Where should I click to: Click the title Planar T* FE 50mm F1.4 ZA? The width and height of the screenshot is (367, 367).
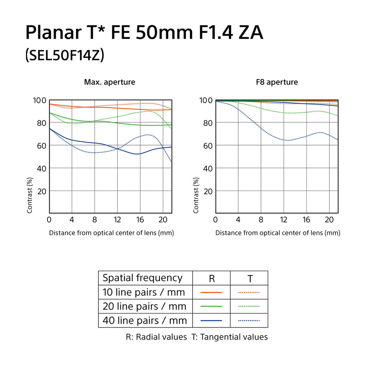[x=144, y=33]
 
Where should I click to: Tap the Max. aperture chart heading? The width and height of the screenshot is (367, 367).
[x=110, y=82]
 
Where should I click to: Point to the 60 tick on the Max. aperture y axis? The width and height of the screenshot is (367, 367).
[x=41, y=145]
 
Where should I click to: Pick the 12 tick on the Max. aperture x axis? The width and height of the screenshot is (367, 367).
[x=117, y=220]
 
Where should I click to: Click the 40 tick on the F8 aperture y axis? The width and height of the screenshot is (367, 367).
[x=208, y=168]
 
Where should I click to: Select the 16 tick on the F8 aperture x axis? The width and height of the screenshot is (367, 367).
[x=306, y=220]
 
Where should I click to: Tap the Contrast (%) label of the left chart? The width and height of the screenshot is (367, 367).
[x=29, y=195]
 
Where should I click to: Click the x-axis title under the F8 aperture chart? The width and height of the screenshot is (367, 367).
[x=277, y=233]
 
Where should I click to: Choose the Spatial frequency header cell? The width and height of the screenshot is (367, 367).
[x=142, y=278]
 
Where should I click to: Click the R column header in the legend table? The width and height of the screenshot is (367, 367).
[x=212, y=279]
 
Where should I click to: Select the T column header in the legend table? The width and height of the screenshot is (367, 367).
[x=250, y=279]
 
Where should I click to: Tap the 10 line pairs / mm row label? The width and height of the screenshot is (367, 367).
[x=144, y=292]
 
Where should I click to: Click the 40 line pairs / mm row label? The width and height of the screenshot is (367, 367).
[x=145, y=320]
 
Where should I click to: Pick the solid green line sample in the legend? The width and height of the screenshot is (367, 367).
[x=211, y=306]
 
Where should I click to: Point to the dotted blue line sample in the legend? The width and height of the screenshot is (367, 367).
[x=249, y=320]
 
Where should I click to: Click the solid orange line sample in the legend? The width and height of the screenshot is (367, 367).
[x=211, y=292]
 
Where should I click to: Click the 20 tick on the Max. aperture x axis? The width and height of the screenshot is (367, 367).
[x=163, y=220]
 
